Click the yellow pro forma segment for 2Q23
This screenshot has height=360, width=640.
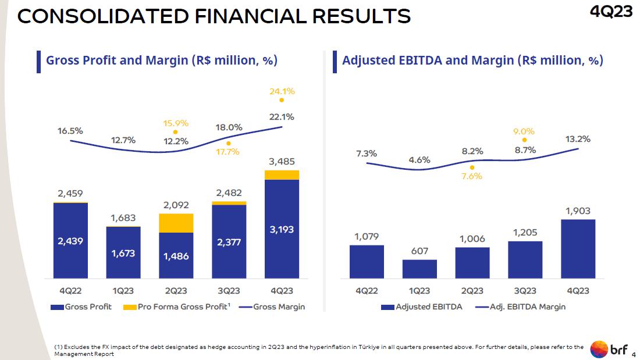click(176, 223)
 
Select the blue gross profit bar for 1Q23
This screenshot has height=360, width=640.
click(123, 252)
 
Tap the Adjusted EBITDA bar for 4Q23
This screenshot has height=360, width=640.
click(578, 248)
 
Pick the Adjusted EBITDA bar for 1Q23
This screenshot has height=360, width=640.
click(419, 269)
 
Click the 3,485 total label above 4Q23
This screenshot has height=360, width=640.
click(282, 161)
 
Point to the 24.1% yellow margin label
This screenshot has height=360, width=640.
click(282, 91)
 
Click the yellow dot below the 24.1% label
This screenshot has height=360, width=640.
click(282, 100)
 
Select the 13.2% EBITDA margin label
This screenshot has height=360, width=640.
click(578, 139)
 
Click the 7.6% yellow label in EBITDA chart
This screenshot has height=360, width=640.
click(472, 176)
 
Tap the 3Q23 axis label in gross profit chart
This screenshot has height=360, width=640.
click(229, 290)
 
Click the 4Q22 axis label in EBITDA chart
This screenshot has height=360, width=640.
click(367, 290)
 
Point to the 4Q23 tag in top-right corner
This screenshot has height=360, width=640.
click(611, 12)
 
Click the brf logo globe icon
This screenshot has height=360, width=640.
click(599, 349)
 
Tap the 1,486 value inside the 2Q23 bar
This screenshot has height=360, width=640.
click(176, 256)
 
